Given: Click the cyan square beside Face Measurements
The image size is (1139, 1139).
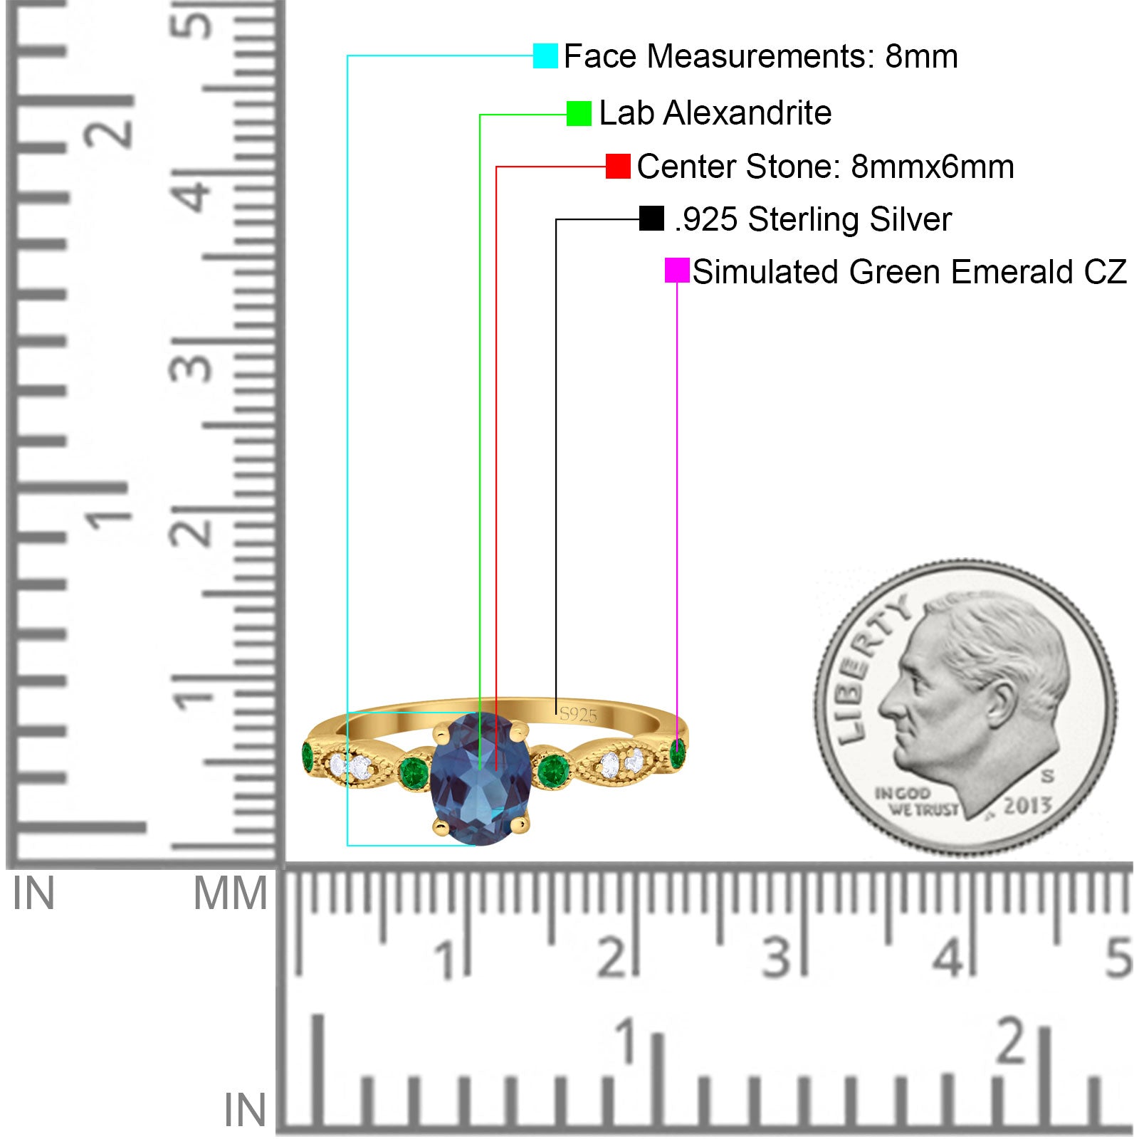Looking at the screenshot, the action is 545,56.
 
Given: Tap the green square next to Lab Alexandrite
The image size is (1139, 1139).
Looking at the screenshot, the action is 579,113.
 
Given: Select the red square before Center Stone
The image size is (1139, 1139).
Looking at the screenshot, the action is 618,167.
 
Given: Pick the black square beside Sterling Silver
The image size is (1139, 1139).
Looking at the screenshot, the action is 651,219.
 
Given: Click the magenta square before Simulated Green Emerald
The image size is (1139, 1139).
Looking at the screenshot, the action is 677,271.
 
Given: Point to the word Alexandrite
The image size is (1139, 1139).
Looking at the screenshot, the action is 747,113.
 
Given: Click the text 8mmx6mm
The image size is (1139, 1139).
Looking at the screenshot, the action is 933,167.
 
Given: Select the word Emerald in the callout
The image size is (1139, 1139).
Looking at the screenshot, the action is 1012,272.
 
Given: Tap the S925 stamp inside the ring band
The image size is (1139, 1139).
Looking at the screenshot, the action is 578,715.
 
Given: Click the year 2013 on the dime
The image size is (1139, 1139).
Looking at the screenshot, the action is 1027,805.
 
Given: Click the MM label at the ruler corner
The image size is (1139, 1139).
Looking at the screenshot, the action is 230,894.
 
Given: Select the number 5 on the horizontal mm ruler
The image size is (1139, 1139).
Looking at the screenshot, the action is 1118,957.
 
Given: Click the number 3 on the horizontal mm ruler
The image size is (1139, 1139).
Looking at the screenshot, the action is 777,957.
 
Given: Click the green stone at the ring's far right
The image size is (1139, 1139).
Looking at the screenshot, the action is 677,753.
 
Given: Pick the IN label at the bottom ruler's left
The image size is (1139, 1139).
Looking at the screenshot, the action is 245,1111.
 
